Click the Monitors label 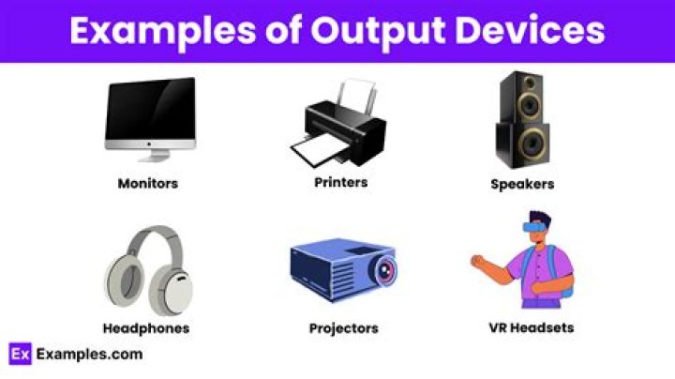point(147,184)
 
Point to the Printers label point(340,181)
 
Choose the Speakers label point(522,185)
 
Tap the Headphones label point(145,328)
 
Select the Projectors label point(343,328)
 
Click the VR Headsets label point(531,327)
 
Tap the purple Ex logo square point(21,354)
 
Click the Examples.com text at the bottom point(89,354)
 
